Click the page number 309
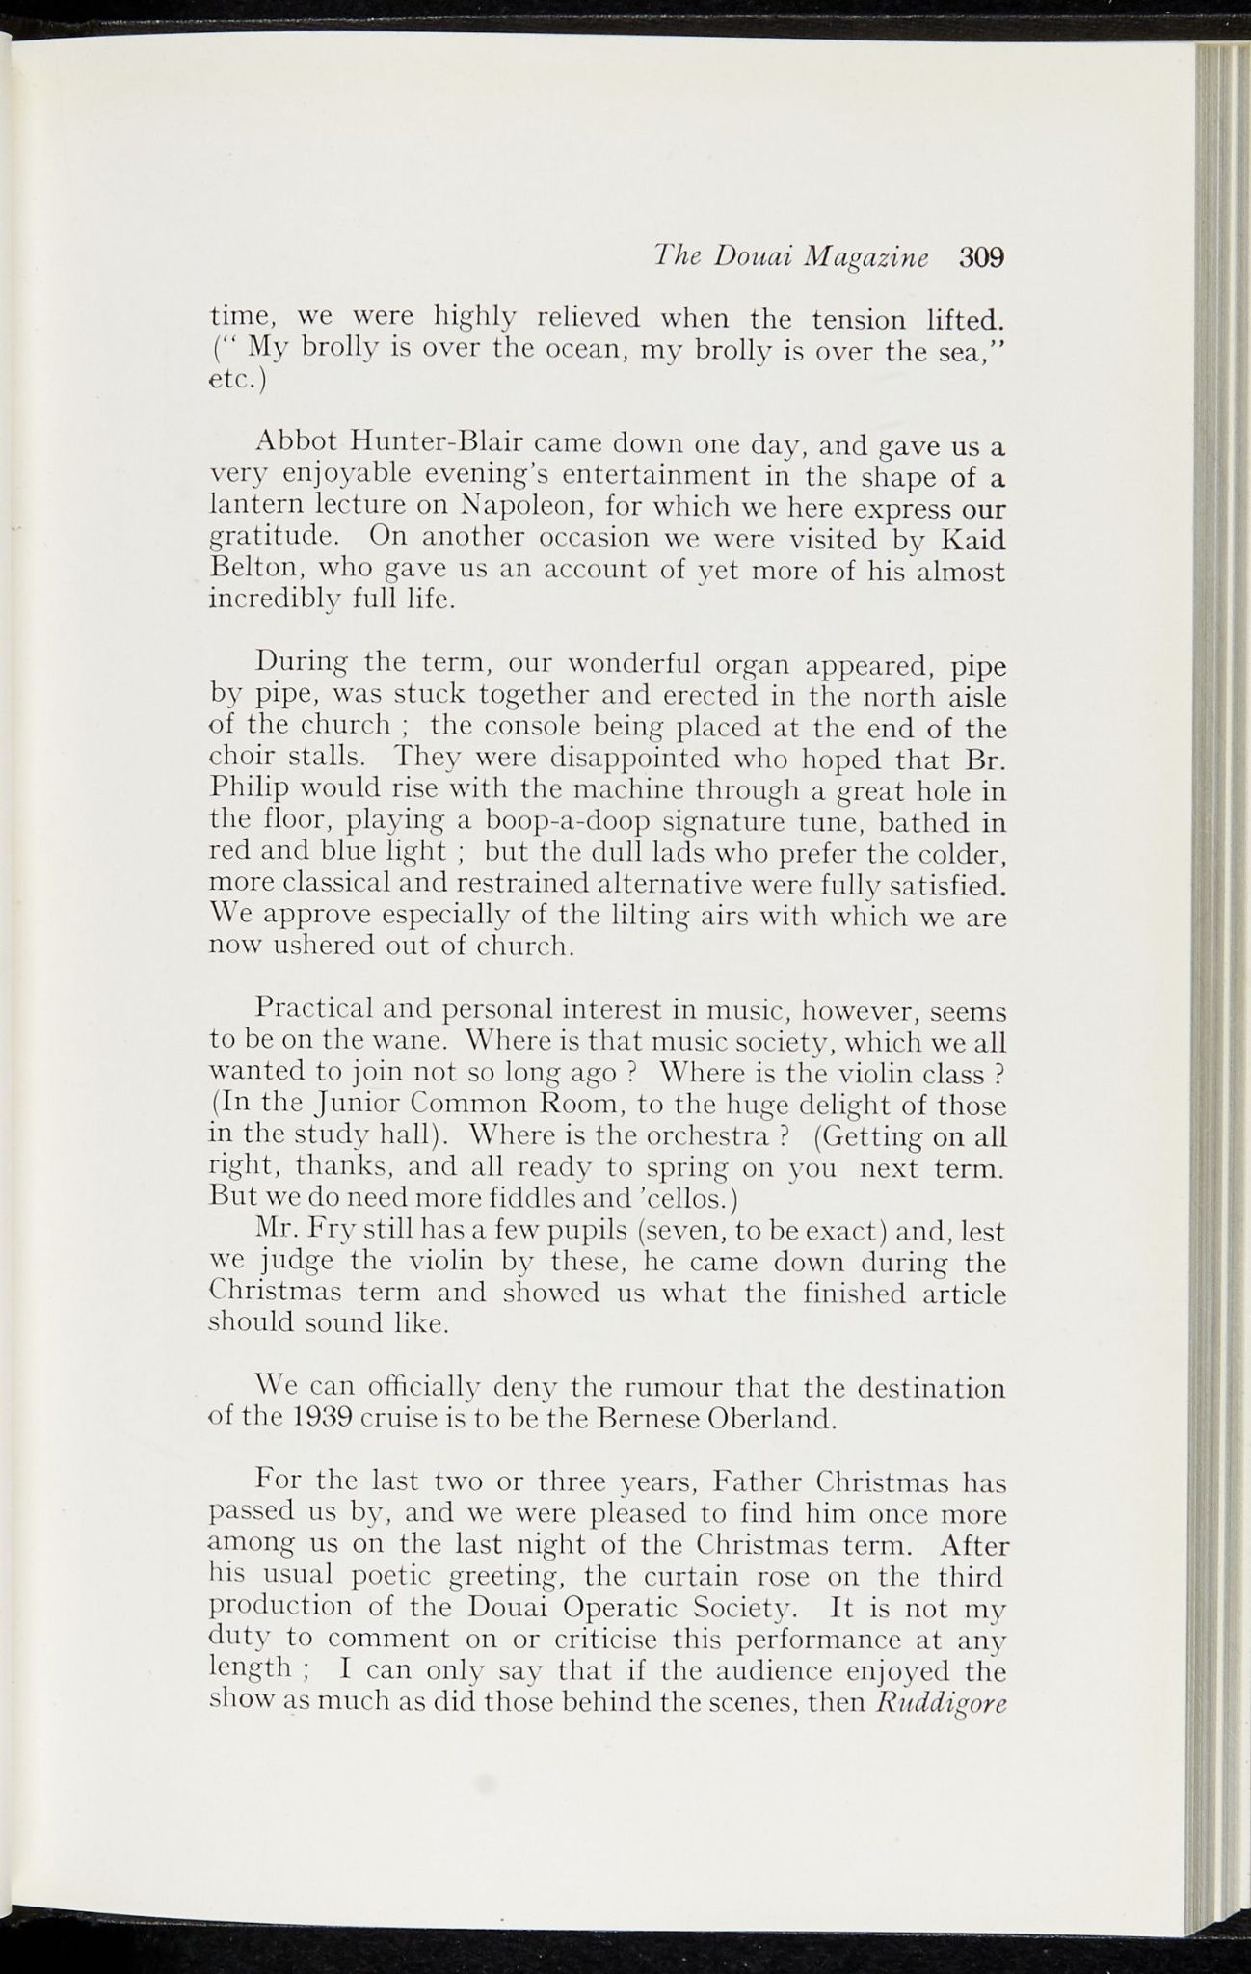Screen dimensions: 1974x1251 [981, 258]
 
